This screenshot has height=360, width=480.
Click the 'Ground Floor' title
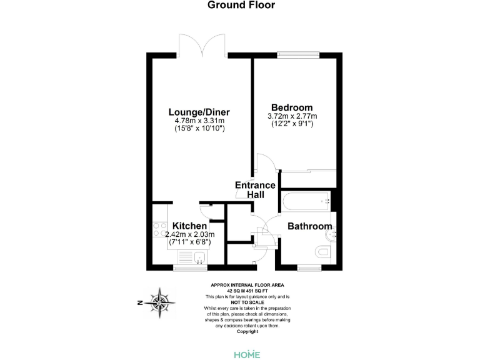coord(241,6)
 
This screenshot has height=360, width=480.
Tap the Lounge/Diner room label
coord(196,112)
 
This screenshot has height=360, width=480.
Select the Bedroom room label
coord(292,107)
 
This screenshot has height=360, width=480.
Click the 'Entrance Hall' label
coord(255,190)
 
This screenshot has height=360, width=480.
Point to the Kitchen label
coord(189,226)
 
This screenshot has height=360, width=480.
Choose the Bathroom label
coord(309,226)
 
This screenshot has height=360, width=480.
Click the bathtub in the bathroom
coord(305,201)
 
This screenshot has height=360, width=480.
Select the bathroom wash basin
coord(333,234)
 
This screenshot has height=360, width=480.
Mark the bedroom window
coord(298,54)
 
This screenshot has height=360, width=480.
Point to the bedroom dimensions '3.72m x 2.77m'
coord(292,116)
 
